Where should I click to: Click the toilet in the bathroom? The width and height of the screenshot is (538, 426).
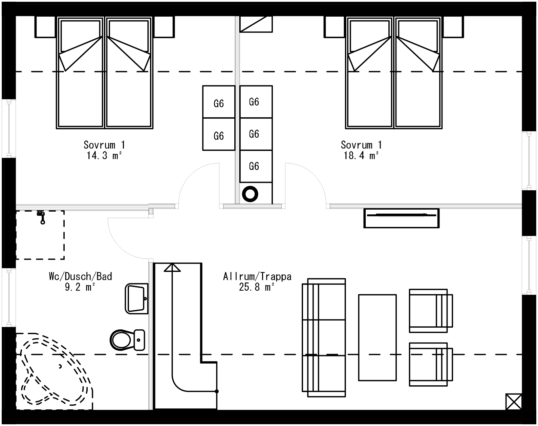pyautogui.click(x=127, y=340)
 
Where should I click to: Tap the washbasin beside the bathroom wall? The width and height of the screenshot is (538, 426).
pyautogui.click(x=136, y=298)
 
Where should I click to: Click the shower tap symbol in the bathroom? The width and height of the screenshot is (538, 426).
pyautogui.click(x=42, y=217)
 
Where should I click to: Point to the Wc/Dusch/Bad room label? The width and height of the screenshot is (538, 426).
pyautogui.click(x=81, y=276)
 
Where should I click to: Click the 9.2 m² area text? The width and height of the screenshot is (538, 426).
pyautogui.click(x=80, y=287)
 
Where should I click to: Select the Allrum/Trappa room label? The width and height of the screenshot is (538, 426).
pyautogui.click(x=257, y=276)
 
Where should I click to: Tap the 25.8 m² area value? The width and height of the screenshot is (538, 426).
pyautogui.click(x=257, y=287)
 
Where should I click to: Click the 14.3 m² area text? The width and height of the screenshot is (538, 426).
pyautogui.click(x=104, y=156)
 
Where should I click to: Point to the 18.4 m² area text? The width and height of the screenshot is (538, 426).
pyautogui.click(x=361, y=156)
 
